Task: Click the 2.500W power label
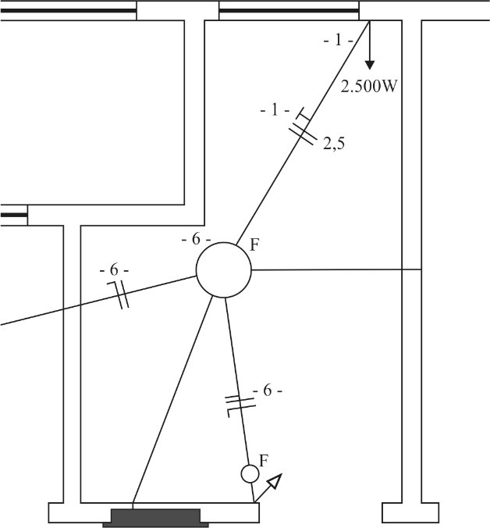(x=369, y=87)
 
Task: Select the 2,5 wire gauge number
(x=334, y=144)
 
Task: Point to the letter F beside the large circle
(x=254, y=244)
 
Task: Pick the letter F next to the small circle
(x=264, y=461)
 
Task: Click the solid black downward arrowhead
(x=370, y=65)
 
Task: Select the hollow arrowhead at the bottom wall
(x=275, y=481)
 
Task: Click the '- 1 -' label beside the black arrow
(x=339, y=41)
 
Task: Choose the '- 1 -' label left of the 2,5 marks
(x=275, y=110)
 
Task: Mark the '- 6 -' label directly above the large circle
(x=196, y=240)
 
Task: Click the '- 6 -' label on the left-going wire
(x=114, y=270)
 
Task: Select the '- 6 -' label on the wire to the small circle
(x=268, y=391)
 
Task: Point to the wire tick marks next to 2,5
(x=304, y=127)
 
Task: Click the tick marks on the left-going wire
(x=119, y=294)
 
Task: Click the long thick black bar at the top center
(x=289, y=11)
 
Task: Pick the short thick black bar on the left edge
(x=13, y=215)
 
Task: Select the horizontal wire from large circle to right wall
(x=336, y=269)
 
